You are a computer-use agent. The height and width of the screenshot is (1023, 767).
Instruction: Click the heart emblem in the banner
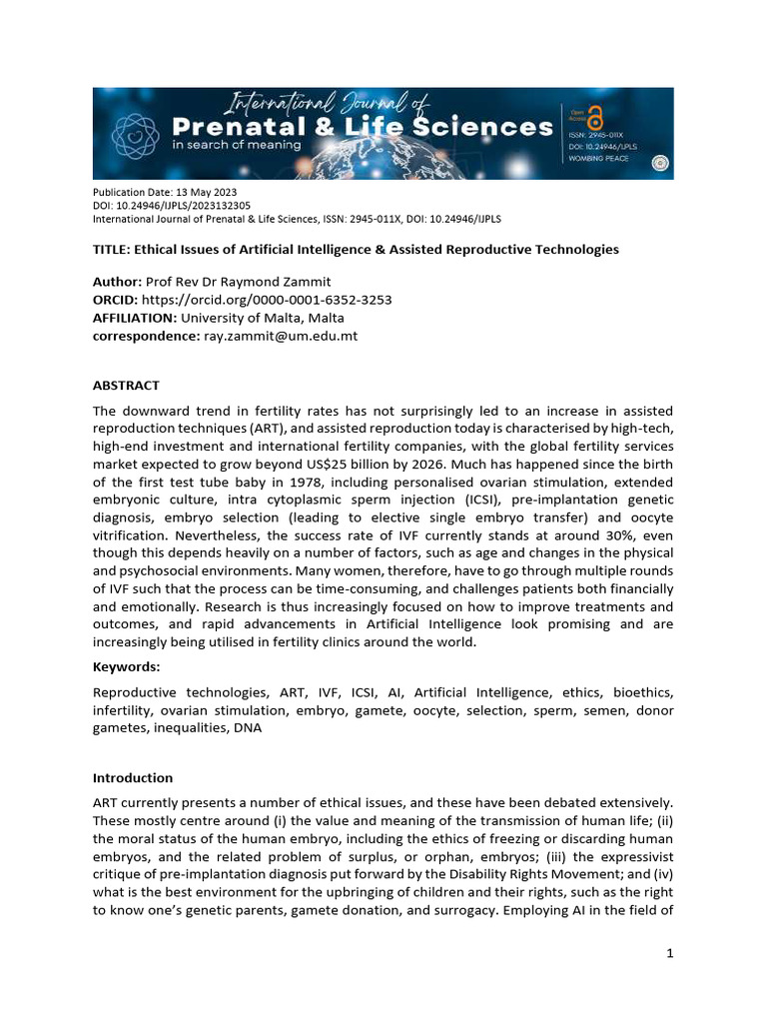pos(136,133)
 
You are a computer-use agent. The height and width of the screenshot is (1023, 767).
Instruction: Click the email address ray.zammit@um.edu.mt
pos(280,336)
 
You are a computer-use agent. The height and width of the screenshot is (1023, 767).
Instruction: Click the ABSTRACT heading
pos(126,386)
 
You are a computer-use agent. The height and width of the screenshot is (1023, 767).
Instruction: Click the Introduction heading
pos(133,777)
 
